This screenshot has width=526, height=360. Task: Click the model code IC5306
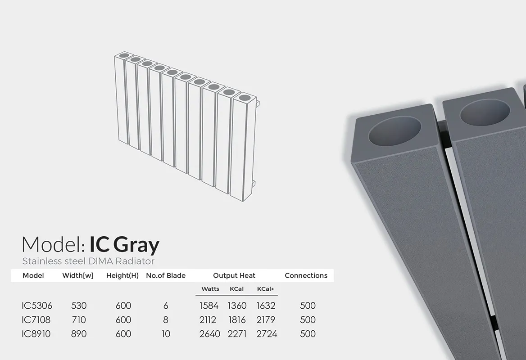pos(37,306)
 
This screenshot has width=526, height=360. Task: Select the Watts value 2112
pos(208,320)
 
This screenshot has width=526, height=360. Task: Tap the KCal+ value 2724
pos(267,334)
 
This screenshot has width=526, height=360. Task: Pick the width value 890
pos(79,334)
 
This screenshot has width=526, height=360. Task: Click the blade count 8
pos(166,320)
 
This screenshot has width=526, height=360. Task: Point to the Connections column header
pos(306,275)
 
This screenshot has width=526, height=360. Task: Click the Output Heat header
pos(234,275)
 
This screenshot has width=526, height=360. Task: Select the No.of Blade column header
pos(166,275)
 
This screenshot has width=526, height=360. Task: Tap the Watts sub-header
pos(210,289)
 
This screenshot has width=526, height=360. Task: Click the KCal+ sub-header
pos(266,289)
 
